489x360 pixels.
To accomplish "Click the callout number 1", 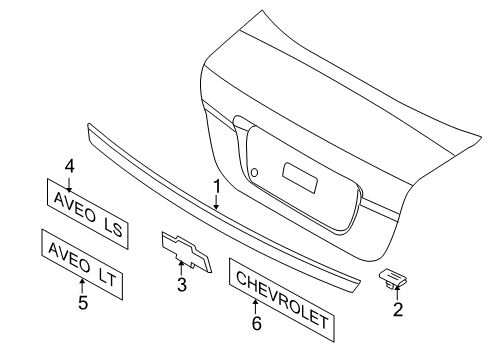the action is tap(214, 185).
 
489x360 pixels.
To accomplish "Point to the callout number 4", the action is tap(70, 166).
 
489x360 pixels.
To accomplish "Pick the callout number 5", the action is tap(82, 300).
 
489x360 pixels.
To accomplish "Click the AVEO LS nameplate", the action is tap(86, 211).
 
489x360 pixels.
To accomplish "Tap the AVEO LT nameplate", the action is tap(81, 262).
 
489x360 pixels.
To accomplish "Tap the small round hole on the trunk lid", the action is tap(255, 174).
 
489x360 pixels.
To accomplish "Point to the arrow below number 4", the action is tap(70, 181).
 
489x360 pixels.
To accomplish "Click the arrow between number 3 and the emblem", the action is tap(182, 269).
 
